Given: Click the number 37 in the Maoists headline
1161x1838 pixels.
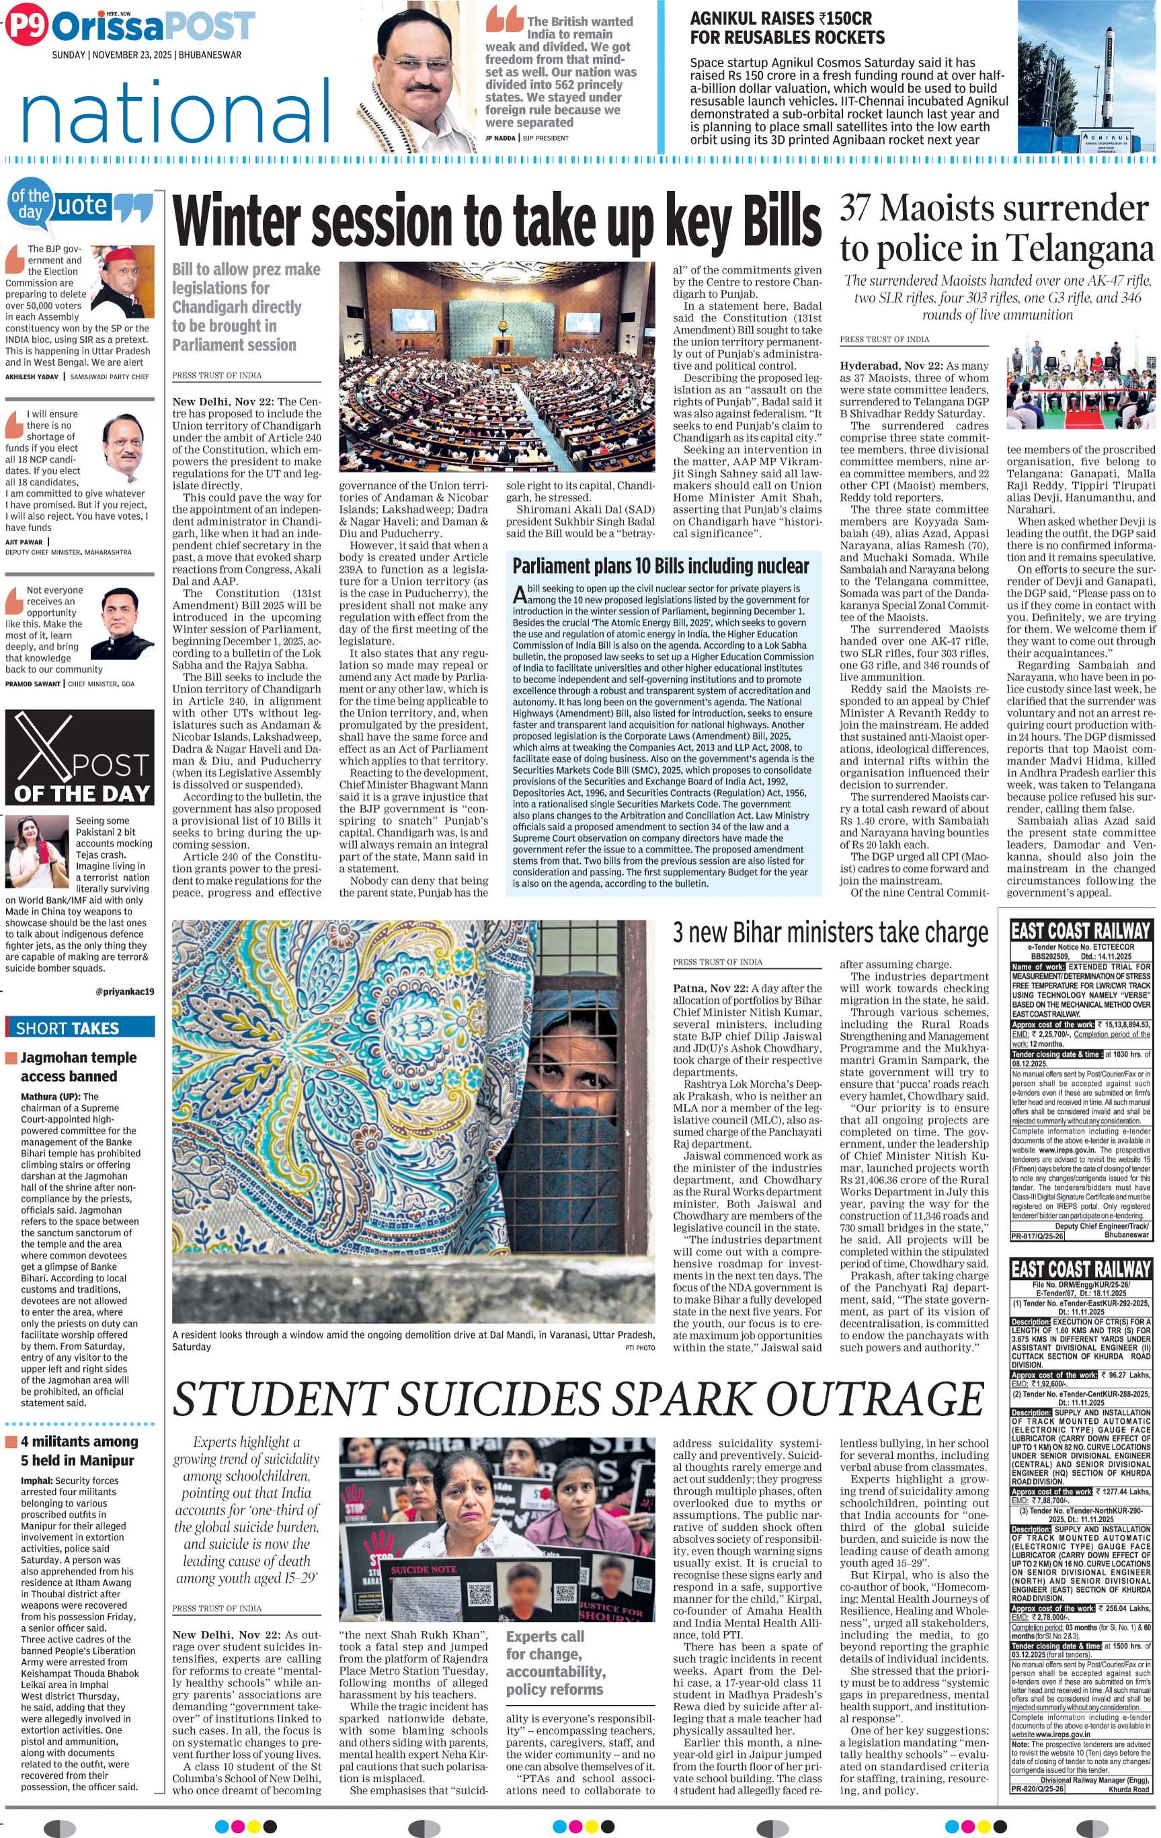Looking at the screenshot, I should (x=854, y=208).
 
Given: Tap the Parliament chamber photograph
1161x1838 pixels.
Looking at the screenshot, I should (x=496, y=366).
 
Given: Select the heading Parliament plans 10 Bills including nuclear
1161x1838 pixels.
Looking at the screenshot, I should (x=660, y=566).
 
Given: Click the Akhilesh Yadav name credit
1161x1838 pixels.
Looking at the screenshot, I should (x=32, y=377).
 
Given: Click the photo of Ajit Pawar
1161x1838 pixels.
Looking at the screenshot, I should (x=122, y=446).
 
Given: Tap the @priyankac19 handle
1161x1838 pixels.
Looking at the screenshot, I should (x=124, y=992).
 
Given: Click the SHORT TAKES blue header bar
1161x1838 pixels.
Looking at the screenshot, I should (x=79, y=1027).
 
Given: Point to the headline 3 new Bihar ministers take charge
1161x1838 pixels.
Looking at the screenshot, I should (x=830, y=932).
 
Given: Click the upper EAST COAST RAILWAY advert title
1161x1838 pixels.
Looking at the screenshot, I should (x=1080, y=930).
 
